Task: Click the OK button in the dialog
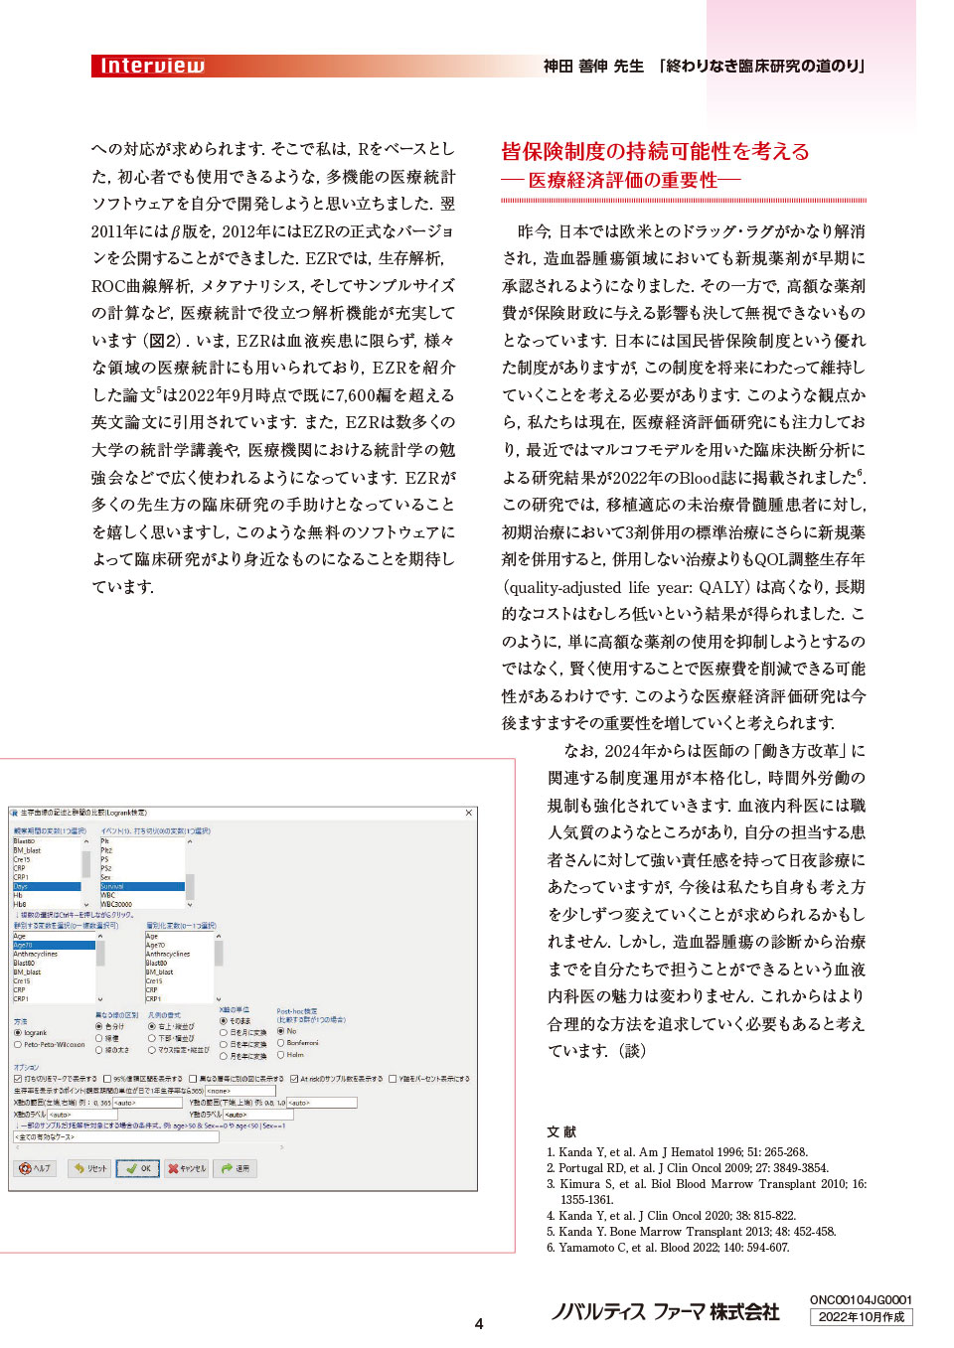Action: (x=137, y=1168)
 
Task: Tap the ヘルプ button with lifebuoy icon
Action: (x=35, y=1168)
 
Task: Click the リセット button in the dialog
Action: (x=89, y=1168)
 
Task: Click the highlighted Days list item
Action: (x=46, y=886)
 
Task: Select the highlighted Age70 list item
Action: (x=54, y=945)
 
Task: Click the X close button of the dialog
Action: (x=469, y=813)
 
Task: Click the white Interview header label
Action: (x=152, y=67)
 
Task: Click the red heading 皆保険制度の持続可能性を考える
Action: (x=655, y=151)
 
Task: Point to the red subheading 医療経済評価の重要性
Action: (x=622, y=180)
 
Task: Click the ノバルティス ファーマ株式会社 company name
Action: (x=665, y=1311)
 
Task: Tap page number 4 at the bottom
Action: (x=479, y=1323)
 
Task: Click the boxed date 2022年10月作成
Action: (x=861, y=1317)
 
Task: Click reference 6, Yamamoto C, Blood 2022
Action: (x=668, y=1248)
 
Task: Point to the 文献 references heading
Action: (x=561, y=1131)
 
